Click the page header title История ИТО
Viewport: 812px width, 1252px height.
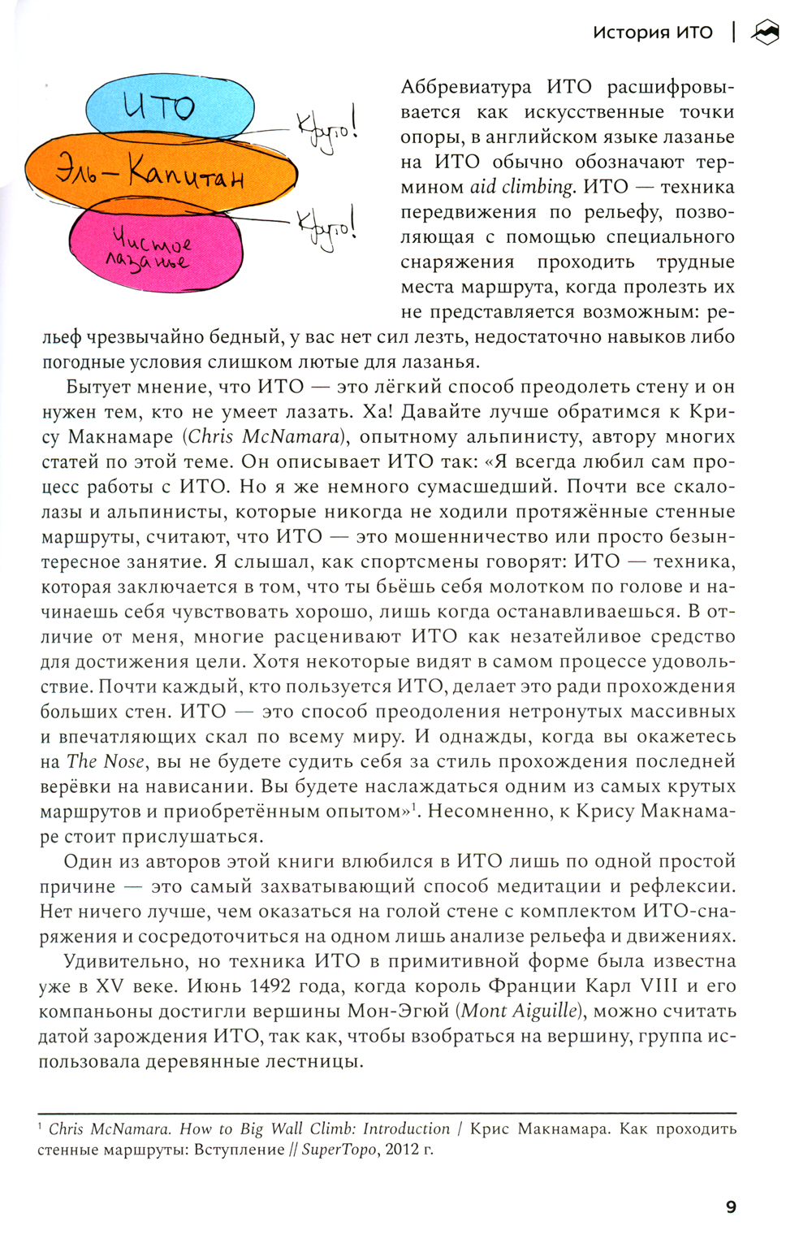tap(652, 33)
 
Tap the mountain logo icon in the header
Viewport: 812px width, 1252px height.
tap(765, 32)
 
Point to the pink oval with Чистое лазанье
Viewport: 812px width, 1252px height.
tap(154, 248)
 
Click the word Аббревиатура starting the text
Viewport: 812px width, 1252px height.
tap(466, 87)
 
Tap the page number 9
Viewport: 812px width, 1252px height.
tap(731, 1207)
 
